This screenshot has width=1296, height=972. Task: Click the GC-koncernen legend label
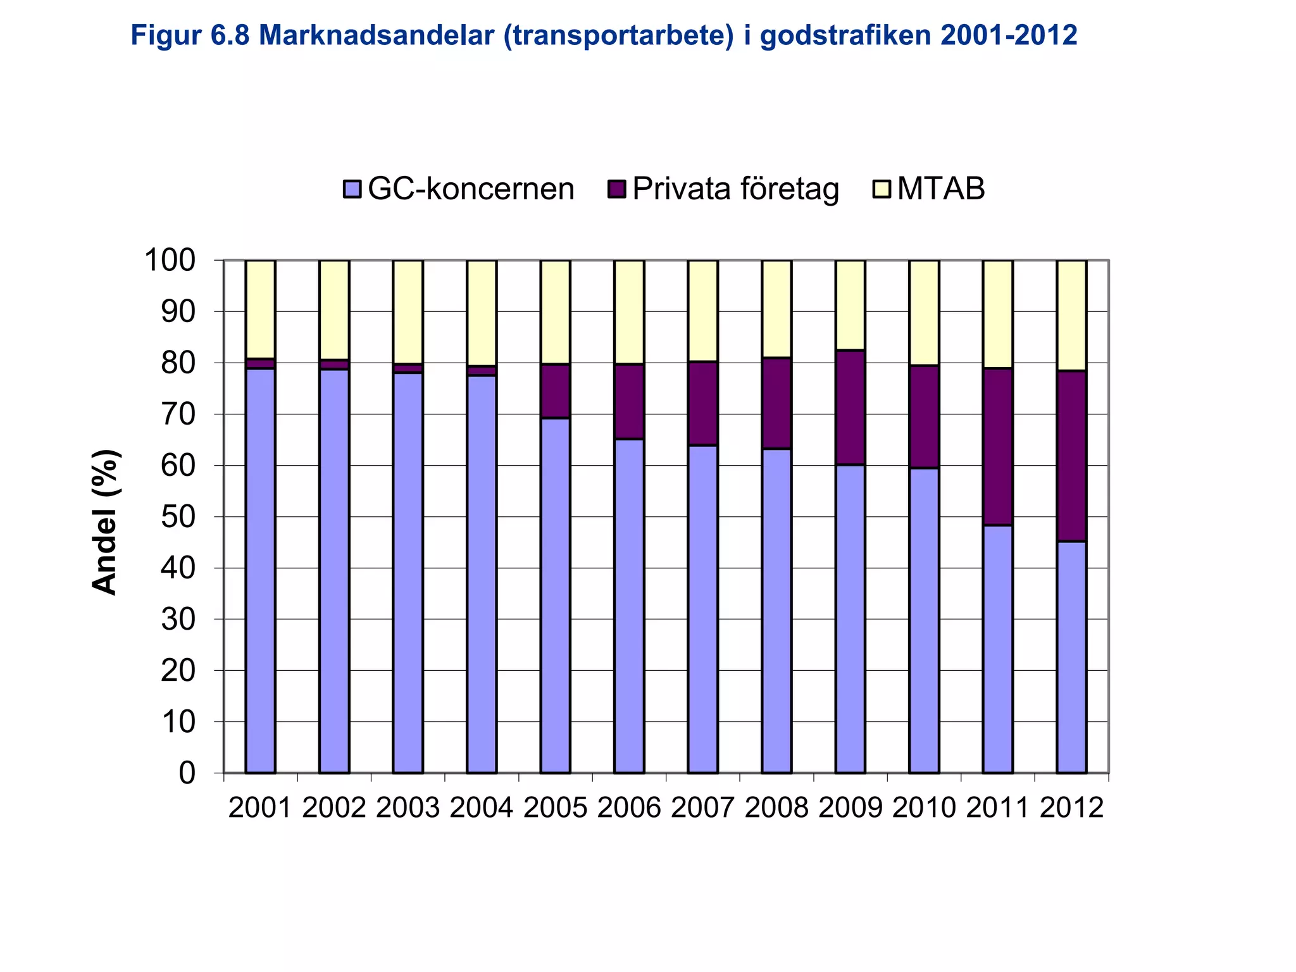(470, 189)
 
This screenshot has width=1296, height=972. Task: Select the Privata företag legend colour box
(616, 189)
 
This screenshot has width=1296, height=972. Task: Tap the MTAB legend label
(940, 189)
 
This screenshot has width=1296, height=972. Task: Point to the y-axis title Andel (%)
(105, 522)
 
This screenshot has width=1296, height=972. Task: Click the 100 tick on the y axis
(171, 260)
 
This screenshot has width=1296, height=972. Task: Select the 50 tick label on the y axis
(178, 517)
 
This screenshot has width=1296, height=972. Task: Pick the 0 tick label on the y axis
(187, 773)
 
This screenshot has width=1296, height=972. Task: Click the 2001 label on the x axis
(260, 808)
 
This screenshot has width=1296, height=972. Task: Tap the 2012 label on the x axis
(1072, 808)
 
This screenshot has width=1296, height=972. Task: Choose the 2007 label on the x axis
(703, 808)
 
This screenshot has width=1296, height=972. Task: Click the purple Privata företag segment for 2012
(1072, 456)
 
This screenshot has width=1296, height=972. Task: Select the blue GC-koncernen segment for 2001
(260, 570)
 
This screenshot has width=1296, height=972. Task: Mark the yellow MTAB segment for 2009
(850, 305)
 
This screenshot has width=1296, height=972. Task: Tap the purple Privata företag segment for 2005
(555, 391)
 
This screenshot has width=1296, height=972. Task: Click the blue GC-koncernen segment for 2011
(998, 649)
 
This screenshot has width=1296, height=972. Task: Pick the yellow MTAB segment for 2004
(482, 313)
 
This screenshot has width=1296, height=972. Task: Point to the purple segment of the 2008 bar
(776, 403)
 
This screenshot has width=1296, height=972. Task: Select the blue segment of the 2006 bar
(629, 606)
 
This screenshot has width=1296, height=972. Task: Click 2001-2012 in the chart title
(1009, 36)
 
